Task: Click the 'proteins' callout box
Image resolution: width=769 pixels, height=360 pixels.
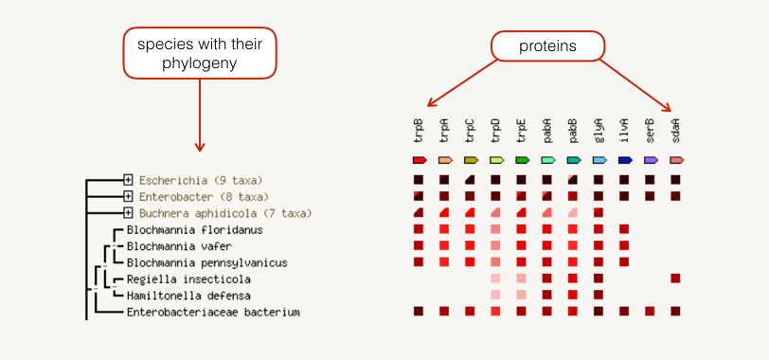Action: click(546, 45)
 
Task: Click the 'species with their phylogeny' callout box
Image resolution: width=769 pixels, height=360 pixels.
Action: click(200, 53)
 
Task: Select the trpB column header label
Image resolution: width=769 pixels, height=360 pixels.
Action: click(419, 131)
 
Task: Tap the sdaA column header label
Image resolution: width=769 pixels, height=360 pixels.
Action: click(676, 131)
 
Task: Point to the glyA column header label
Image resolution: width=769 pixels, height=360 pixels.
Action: click(599, 131)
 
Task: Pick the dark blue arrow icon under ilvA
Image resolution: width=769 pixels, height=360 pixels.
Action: click(625, 160)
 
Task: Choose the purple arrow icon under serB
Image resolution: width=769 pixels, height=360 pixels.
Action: click(651, 160)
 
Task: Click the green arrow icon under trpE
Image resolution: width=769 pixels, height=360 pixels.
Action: click(522, 160)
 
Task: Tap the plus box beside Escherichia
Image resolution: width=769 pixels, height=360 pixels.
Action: click(128, 180)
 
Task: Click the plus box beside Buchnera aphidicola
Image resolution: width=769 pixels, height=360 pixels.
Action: click(128, 213)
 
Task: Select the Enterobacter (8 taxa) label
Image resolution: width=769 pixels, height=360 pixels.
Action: click(203, 197)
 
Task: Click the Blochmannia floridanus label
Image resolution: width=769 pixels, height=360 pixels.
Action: click(194, 230)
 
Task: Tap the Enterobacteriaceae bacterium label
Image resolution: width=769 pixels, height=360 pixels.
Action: click(213, 312)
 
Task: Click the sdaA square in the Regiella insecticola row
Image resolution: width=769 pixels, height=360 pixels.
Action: click(675, 279)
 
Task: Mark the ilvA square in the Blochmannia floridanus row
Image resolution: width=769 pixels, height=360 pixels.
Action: click(624, 229)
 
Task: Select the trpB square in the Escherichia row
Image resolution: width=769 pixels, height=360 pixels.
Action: click(419, 180)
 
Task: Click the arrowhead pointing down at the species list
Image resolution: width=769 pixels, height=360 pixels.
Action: click(200, 146)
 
